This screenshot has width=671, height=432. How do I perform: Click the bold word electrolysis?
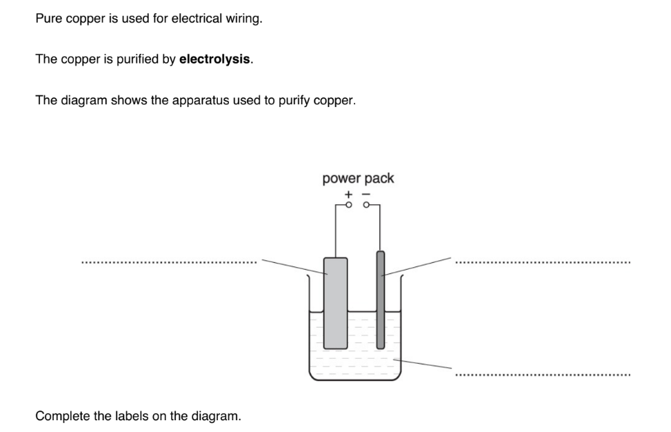tap(215, 59)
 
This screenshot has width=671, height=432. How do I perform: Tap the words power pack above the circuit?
tap(358, 178)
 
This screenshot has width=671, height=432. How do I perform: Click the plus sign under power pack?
tap(348, 195)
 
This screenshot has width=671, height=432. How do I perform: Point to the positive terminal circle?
tap(349, 204)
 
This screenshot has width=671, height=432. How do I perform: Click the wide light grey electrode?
tap(335, 302)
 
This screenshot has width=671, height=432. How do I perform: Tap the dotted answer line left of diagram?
tap(169, 262)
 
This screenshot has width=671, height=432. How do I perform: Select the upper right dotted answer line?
tap(542, 262)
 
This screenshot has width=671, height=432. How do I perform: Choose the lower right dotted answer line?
tap(542, 375)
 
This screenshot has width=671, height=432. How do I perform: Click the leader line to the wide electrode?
tap(293, 266)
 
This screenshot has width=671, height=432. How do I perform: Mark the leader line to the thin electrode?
tap(417, 266)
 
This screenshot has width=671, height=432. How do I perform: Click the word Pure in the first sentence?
tap(48, 19)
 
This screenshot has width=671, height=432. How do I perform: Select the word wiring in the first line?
tap(244, 19)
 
